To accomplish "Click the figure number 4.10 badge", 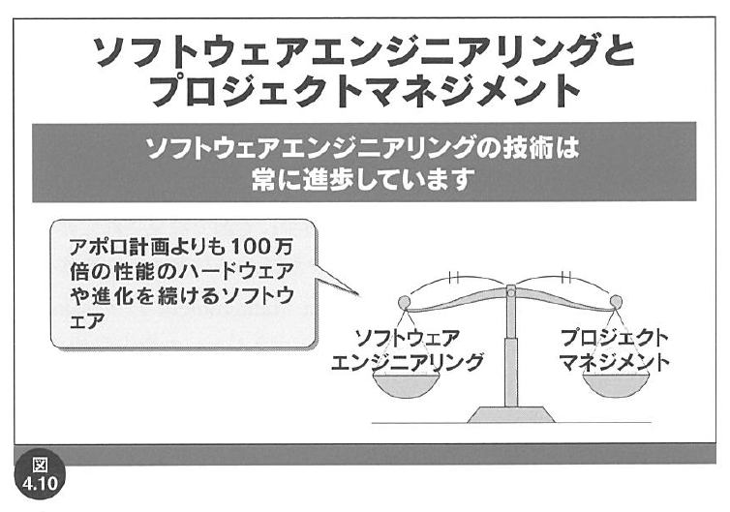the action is (x=40, y=474).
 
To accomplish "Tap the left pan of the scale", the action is (x=406, y=385).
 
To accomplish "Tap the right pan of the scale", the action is (x=616, y=385).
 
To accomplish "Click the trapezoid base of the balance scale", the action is (x=511, y=414).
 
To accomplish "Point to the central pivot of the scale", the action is (x=511, y=293).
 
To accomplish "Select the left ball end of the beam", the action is (x=404, y=303).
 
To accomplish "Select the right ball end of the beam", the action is (x=616, y=303).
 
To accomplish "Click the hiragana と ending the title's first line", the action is (x=617, y=50).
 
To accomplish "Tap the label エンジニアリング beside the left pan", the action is (x=407, y=362).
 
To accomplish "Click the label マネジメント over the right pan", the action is (x=614, y=362).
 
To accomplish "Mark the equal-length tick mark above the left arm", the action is (x=454, y=278).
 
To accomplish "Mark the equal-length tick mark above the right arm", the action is (x=566, y=278).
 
